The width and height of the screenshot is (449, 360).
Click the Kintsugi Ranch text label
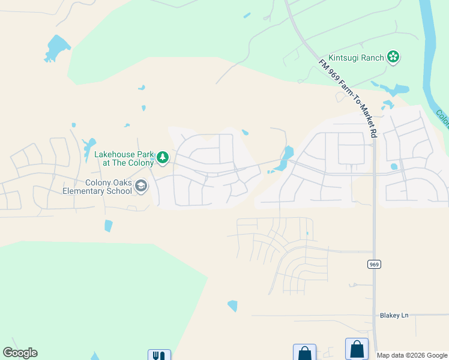[x=357, y=57]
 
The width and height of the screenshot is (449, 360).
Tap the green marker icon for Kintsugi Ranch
[x=393, y=57]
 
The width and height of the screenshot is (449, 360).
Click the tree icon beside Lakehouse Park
[x=163, y=158]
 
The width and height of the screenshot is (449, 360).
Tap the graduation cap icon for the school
[x=141, y=187]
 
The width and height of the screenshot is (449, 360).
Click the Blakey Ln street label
[x=394, y=315]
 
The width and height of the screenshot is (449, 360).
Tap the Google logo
[x=20, y=353]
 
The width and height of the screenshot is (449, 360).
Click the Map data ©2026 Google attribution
[x=412, y=355]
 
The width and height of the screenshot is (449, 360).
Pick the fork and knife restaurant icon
[x=159, y=355]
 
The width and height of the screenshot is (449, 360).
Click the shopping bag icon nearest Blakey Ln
[x=357, y=349]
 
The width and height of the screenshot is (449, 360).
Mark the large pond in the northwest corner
[x=57, y=47]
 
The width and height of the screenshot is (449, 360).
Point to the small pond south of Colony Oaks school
[x=108, y=226]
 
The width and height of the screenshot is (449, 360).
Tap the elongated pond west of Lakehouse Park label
[x=89, y=145]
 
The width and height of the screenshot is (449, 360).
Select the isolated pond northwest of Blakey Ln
[x=232, y=306]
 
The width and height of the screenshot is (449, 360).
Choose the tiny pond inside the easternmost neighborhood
[x=394, y=166]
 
